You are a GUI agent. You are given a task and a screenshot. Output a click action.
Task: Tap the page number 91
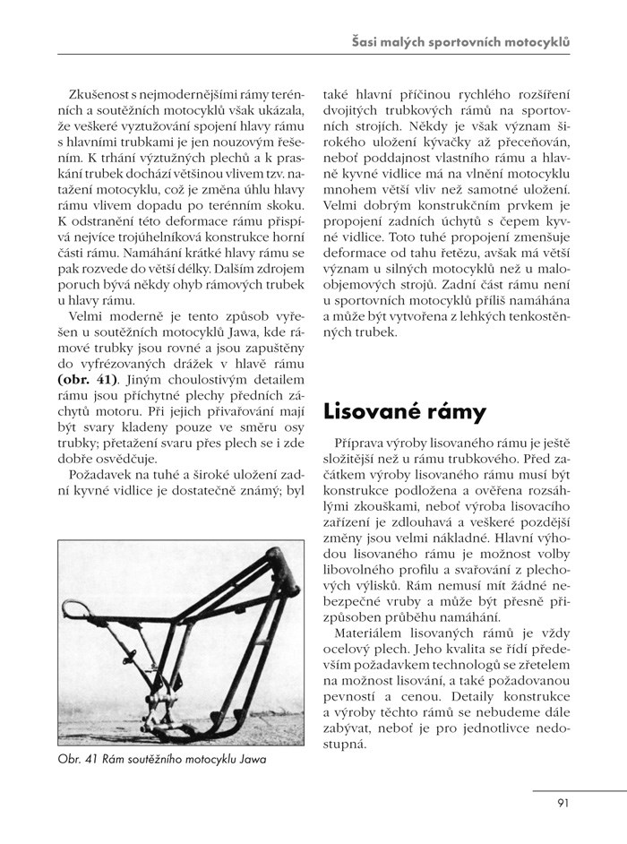563,803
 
